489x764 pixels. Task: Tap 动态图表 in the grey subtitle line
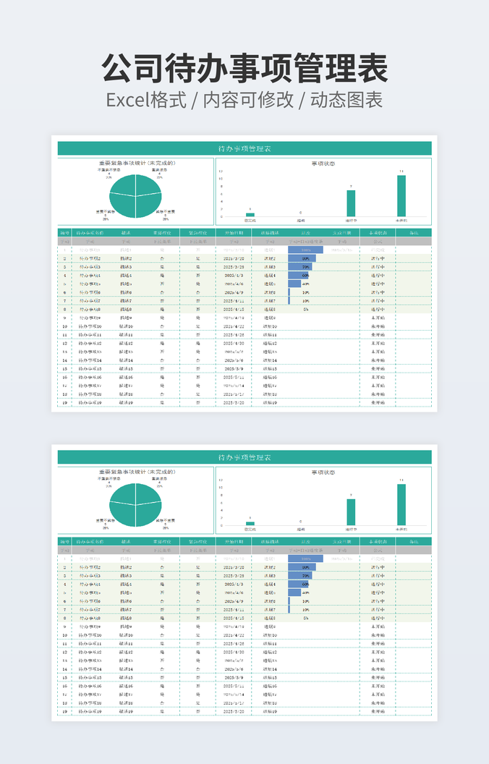[x=346, y=100]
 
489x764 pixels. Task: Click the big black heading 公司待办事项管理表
[x=244, y=69]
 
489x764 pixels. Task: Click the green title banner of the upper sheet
[x=244, y=148]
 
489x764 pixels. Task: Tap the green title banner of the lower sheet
[x=244, y=457]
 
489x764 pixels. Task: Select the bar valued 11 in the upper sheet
[x=401, y=196]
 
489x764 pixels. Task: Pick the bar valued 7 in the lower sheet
[x=351, y=512]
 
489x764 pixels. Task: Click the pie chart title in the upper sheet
[x=137, y=163]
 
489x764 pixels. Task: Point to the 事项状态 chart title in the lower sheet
[x=323, y=472]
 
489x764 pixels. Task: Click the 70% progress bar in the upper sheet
[x=299, y=267]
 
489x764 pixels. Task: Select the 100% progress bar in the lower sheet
[x=305, y=559]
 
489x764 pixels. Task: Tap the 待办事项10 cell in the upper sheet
[x=90, y=326]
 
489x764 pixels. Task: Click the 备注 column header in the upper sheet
[x=414, y=234]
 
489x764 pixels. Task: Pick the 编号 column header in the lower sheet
[x=64, y=541]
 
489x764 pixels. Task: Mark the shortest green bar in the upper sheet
[x=250, y=215]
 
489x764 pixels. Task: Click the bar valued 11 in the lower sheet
[x=401, y=504]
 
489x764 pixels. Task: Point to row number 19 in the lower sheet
[x=64, y=712]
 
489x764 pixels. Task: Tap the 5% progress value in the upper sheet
[x=306, y=309]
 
